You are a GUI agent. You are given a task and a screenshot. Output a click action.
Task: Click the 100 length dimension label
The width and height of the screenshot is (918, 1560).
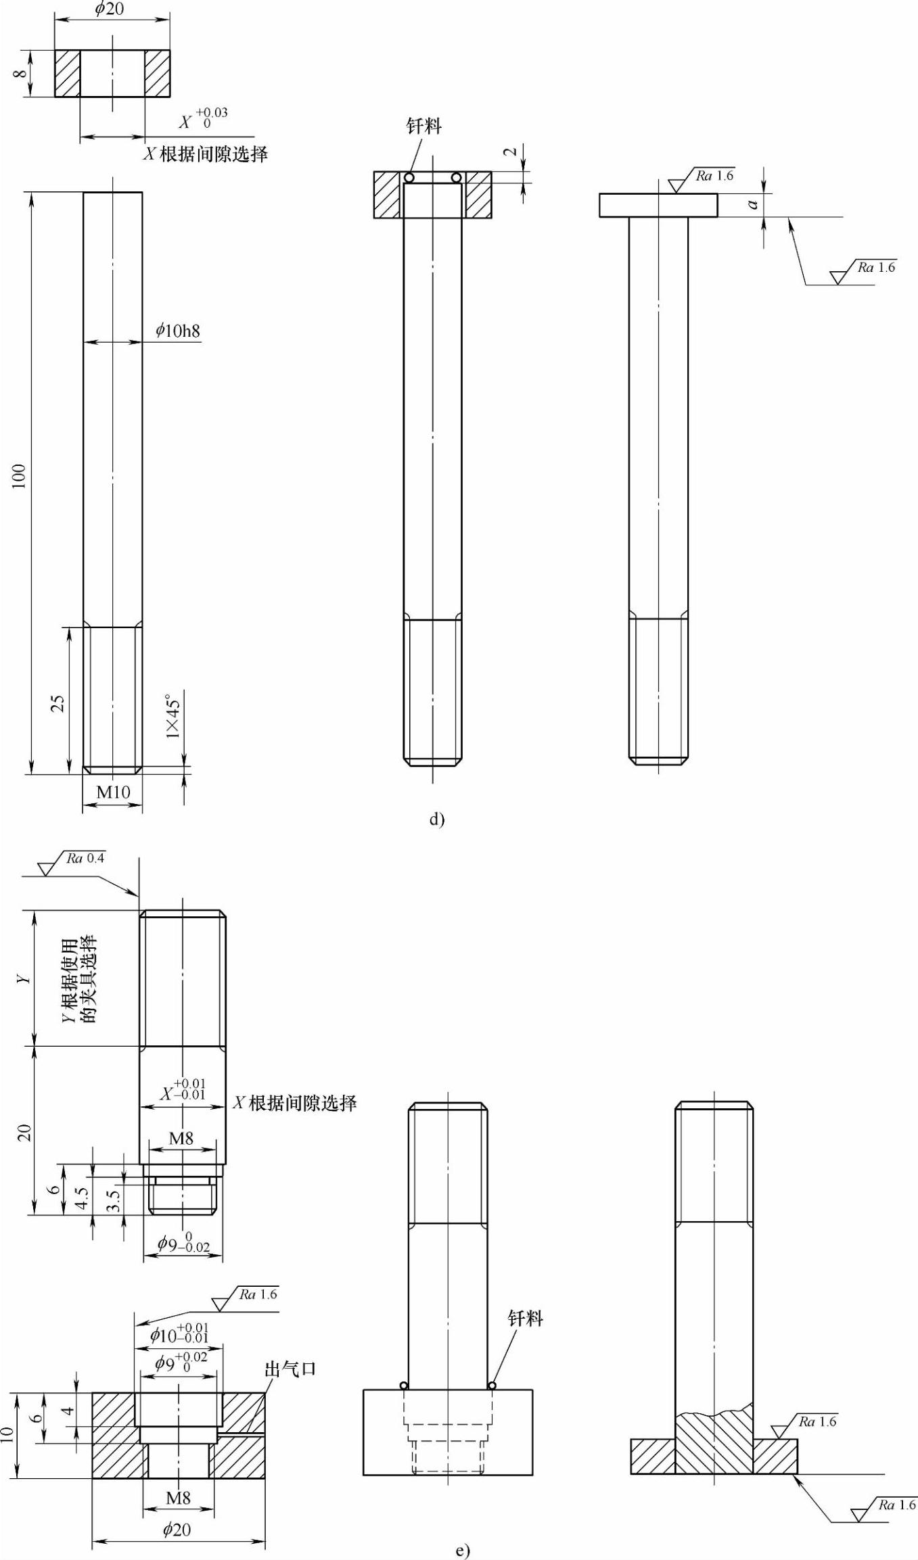pos(19,476)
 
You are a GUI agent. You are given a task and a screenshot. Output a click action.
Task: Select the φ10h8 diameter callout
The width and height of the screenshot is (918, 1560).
pos(178,330)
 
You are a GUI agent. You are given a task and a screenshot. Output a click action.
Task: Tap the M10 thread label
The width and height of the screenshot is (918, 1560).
pos(113,792)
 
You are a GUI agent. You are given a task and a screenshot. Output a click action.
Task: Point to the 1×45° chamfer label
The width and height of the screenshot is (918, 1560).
pos(173,715)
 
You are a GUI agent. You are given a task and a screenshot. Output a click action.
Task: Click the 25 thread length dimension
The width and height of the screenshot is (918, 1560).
pos(58,703)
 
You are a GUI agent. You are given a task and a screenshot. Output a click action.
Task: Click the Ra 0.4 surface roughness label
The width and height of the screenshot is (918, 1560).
pos(85,858)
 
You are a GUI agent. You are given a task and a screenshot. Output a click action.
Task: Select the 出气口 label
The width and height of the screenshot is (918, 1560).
pos(290,1369)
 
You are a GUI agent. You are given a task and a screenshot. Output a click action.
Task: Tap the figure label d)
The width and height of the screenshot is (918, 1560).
pos(437,819)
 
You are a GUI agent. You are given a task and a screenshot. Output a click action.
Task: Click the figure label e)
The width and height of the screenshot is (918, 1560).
pos(462,1550)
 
